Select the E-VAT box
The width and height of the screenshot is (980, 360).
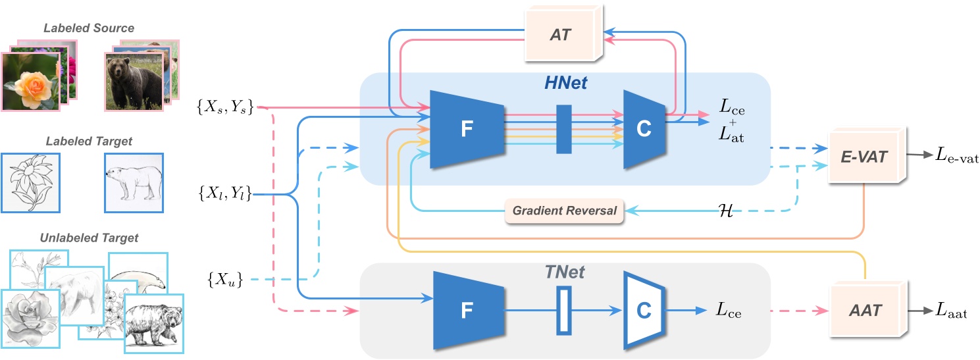[x=865, y=157]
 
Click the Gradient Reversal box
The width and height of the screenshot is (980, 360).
[x=564, y=211]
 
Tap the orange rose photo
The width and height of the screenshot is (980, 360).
[x=30, y=82]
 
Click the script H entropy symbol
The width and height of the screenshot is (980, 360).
[x=725, y=211]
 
